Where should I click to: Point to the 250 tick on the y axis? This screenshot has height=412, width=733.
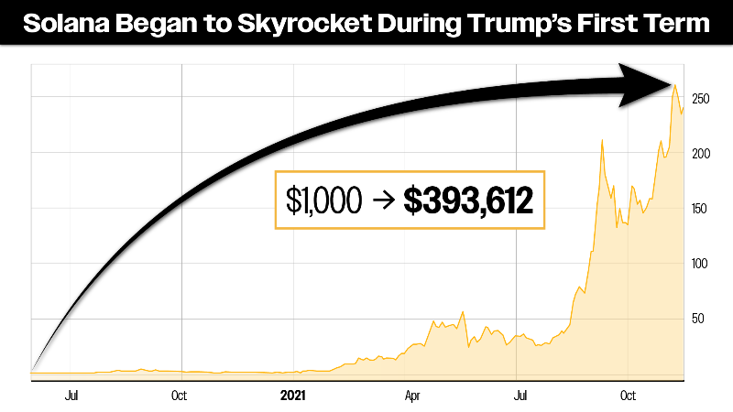(x=702, y=99)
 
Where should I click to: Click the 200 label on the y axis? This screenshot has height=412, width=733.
(x=702, y=154)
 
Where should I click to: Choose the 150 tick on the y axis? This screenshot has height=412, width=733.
(x=702, y=209)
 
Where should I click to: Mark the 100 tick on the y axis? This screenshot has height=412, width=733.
(x=702, y=264)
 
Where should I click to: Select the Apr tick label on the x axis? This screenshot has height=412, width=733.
(x=411, y=396)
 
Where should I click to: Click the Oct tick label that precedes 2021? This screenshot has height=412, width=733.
(x=179, y=396)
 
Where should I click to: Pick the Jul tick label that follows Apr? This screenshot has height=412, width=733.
(x=521, y=396)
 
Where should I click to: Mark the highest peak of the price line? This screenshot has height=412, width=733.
(x=674, y=85)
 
